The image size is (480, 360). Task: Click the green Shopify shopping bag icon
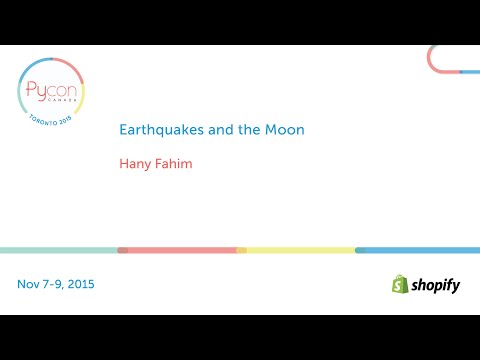pyautogui.click(x=399, y=284)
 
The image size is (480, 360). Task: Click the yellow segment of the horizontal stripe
pyautogui.click(x=298, y=250)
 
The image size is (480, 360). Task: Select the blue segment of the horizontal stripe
pyautogui.click(x=418, y=250)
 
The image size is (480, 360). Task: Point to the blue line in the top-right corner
pyautogui.click(x=470, y=72)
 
